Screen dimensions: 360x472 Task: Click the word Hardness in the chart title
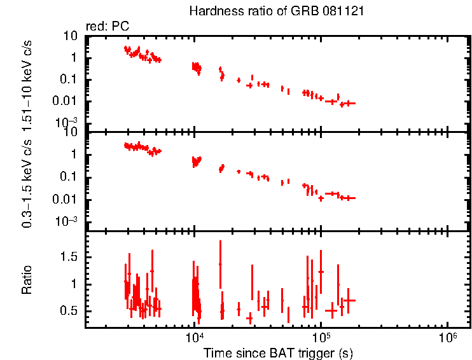click(x=211, y=12)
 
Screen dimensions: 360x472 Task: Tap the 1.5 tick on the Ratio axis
click(x=68, y=256)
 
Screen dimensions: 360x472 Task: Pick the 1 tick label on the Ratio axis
click(x=74, y=284)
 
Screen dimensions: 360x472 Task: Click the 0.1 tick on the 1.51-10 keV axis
click(x=69, y=80)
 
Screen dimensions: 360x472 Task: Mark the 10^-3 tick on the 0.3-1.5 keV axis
click(x=66, y=221)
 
